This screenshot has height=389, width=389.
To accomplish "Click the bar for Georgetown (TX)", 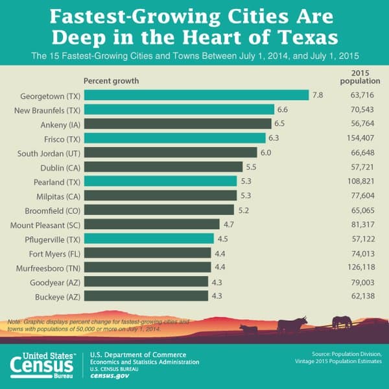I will tap(196, 95).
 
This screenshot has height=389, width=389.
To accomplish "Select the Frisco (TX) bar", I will tap(174, 138).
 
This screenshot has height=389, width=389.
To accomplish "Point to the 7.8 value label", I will tap(318, 95).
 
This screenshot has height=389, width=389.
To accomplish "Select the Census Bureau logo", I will tap(43, 365).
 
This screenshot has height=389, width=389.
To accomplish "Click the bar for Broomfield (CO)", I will tap(159, 209).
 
